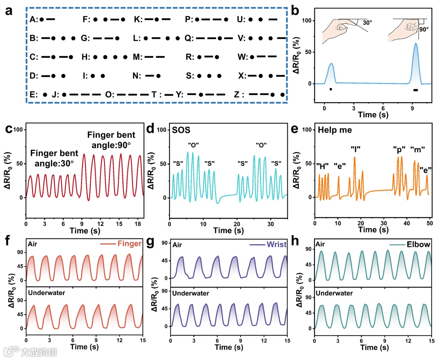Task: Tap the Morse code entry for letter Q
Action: point(206,38)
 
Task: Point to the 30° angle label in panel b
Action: point(367,23)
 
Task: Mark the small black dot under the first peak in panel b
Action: point(331,89)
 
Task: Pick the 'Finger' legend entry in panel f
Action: point(122,244)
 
